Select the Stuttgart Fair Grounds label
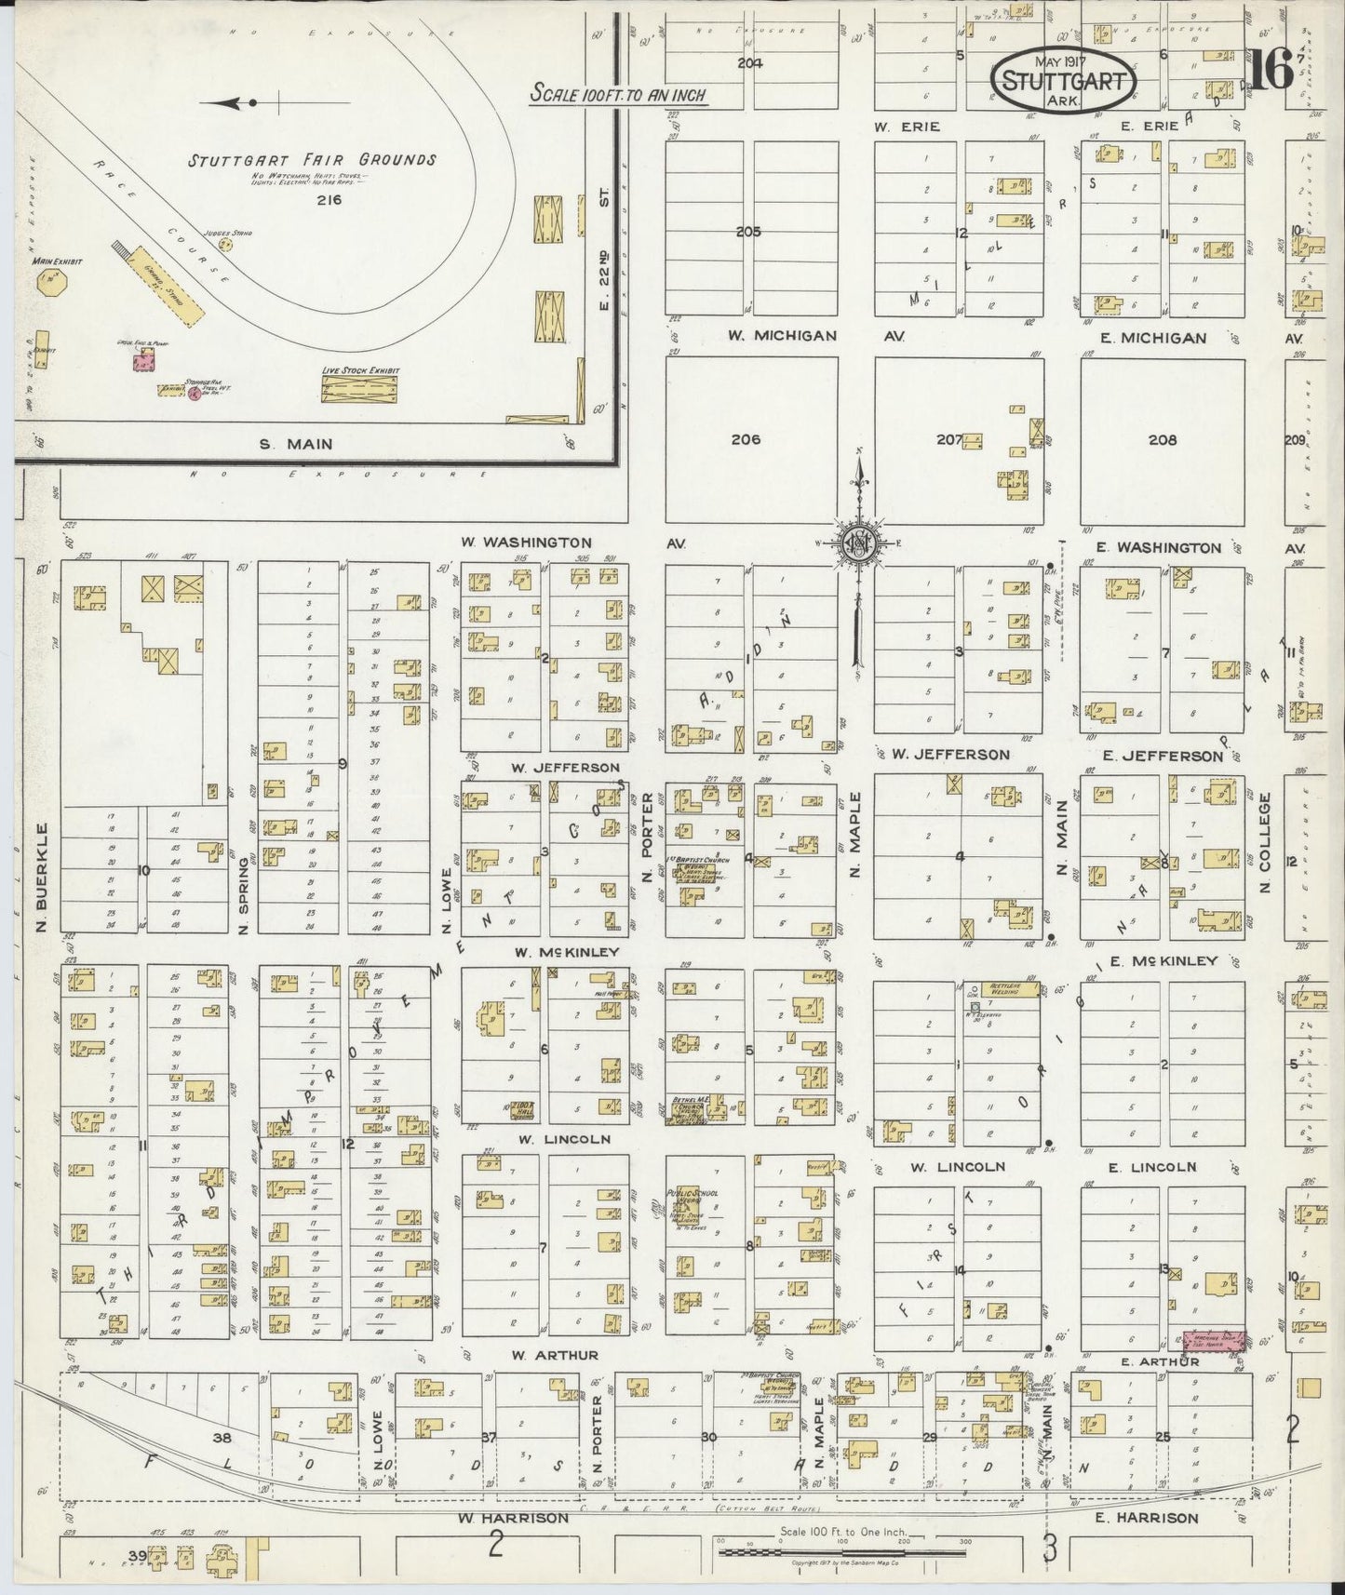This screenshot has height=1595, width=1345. click(x=312, y=160)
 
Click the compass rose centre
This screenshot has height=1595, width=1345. click(x=857, y=544)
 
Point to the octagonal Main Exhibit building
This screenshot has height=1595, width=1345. click(x=46, y=284)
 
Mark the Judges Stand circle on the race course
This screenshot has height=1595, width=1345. click(x=224, y=245)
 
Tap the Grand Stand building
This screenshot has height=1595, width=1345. click(x=169, y=286)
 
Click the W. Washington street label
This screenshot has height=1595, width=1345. click(x=526, y=542)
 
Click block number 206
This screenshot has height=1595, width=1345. click(x=746, y=439)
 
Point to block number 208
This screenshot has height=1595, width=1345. click(x=1162, y=440)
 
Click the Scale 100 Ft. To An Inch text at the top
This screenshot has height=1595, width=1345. click(x=618, y=94)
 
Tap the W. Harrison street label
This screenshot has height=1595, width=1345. click(x=512, y=1518)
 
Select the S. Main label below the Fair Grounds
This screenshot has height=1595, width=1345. click(x=296, y=444)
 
